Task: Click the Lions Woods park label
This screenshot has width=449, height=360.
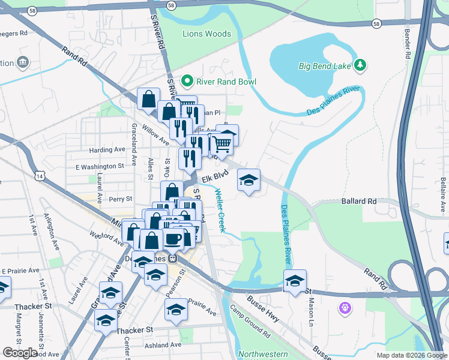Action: point(206,34)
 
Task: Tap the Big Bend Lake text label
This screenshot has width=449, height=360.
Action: point(325,65)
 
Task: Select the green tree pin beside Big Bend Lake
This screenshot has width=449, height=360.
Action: point(360,65)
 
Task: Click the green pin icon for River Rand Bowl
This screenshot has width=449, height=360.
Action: point(187,82)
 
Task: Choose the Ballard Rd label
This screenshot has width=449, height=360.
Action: point(359,202)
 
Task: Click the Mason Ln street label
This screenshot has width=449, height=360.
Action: point(311,304)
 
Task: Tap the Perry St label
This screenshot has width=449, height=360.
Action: point(120,199)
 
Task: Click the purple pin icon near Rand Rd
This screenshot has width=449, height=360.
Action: point(345,308)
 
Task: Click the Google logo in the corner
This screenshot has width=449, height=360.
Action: point(20,352)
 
